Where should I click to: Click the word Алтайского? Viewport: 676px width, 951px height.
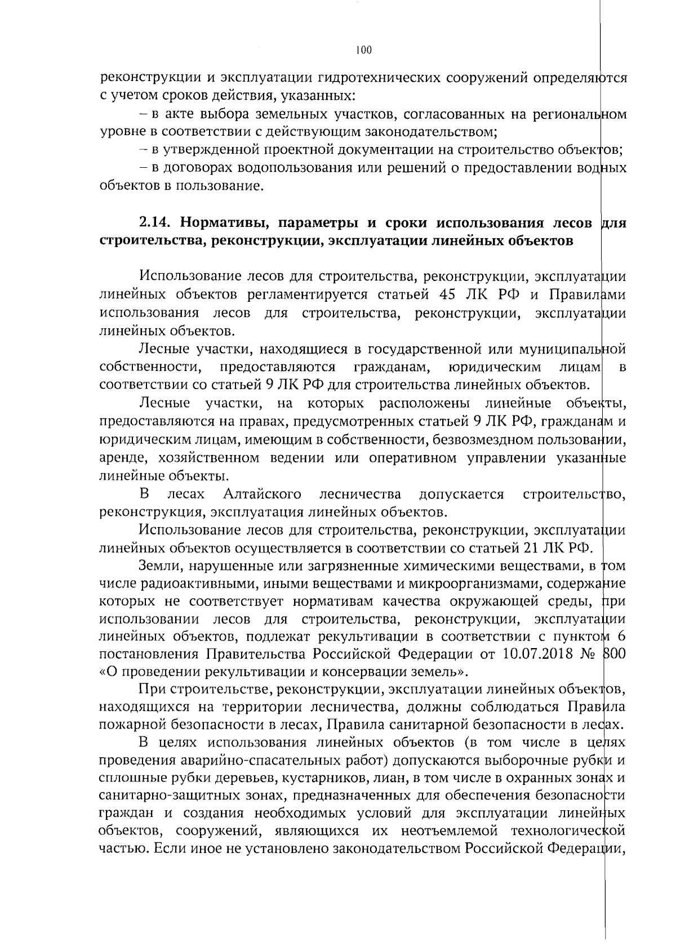(x=262, y=494)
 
